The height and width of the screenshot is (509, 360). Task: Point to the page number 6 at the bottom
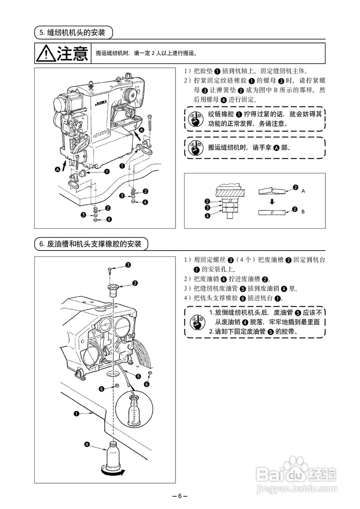tap(180, 496)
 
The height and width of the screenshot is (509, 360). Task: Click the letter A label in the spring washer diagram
tap(303, 191)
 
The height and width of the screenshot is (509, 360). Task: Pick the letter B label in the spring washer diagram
tap(303, 212)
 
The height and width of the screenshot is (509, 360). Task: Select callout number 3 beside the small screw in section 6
tap(128, 265)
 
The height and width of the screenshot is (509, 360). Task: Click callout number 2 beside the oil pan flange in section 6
tap(135, 284)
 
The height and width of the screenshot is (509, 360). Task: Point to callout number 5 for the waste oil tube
tap(138, 376)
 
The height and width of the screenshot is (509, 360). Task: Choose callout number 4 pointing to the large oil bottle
tap(87, 444)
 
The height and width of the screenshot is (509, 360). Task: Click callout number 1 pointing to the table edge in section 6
tap(76, 414)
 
